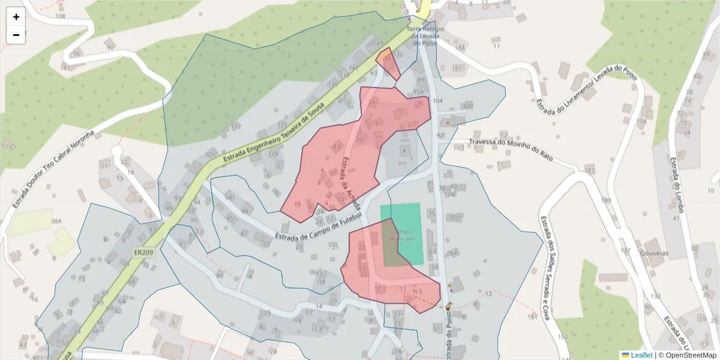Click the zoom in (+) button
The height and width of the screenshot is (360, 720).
[16, 17]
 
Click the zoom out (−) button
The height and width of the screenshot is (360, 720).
[16, 35]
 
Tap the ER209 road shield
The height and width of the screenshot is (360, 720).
[145, 253]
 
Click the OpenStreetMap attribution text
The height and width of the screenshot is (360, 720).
[688, 355]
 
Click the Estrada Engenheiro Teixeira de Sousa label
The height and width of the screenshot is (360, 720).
[274, 133]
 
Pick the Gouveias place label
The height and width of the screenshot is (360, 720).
[654, 253]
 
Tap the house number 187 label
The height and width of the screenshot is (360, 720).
[589, 171]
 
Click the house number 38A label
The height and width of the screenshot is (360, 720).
[56, 221]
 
